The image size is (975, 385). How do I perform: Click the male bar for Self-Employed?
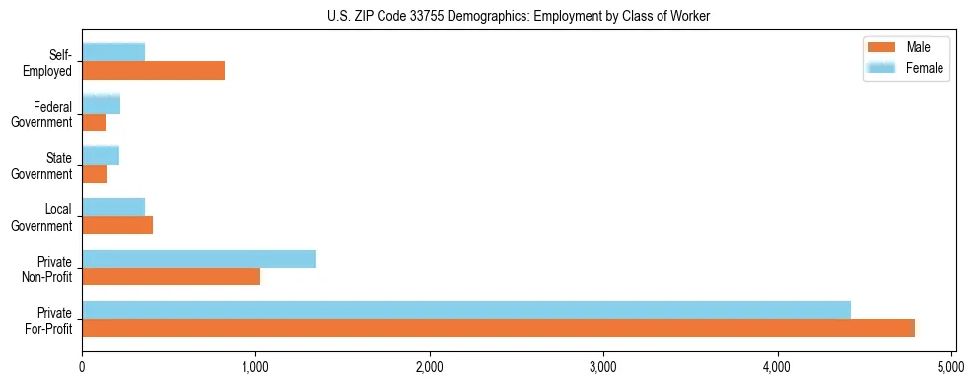coord(153,71)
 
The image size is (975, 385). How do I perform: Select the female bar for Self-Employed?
coord(113,52)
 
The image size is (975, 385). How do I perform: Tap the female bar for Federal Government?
coord(101,104)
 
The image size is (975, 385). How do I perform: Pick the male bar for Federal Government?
coord(95,122)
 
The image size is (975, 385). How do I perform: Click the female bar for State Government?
coord(101,155)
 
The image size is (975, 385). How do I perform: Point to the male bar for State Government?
coord(95,174)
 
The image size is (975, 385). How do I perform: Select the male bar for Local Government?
coord(117,225)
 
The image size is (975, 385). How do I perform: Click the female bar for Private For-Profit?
coord(466,310)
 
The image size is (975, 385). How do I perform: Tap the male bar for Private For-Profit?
coord(498,328)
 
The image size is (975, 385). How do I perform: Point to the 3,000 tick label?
coord(603,368)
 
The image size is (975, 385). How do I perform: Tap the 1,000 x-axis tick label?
coord(256,368)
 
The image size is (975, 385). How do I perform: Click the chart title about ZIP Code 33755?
coord(519,16)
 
